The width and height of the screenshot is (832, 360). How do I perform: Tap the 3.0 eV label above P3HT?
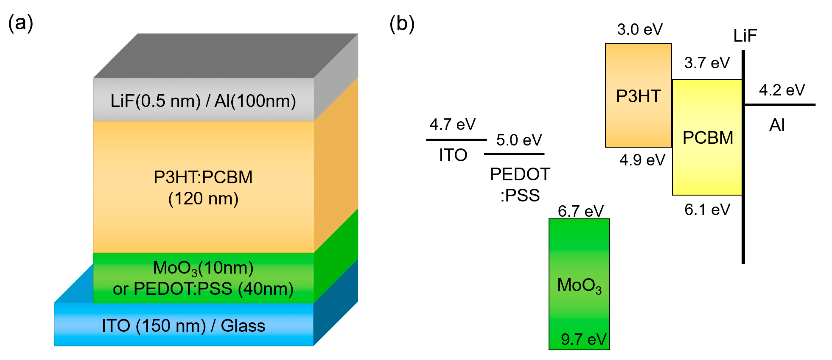[x=639, y=29]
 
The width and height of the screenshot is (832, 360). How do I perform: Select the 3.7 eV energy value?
[x=707, y=63]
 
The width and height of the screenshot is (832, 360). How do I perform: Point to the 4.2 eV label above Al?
[x=782, y=90]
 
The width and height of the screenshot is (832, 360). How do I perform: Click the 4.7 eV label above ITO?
[x=452, y=124]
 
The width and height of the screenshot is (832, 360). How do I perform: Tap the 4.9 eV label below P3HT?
[x=642, y=160]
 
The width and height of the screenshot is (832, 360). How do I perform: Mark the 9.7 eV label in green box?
[x=584, y=339]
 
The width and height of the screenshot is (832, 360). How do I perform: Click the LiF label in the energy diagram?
[x=745, y=35]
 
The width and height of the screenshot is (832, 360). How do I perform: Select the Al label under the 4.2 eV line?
[x=777, y=125]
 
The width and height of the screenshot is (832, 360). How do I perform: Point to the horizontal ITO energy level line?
[x=456, y=140]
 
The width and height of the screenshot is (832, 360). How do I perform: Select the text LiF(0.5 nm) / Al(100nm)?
[x=203, y=101]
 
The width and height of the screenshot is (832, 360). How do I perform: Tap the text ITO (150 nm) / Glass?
[x=184, y=325]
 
